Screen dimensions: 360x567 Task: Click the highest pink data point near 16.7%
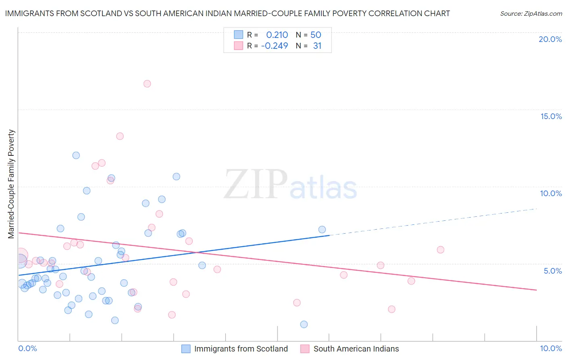click(x=147, y=84)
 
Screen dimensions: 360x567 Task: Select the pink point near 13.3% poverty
click(x=120, y=136)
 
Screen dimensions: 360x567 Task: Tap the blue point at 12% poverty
click(x=76, y=155)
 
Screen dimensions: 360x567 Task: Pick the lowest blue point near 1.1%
click(x=304, y=324)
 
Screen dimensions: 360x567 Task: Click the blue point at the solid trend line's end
click(x=322, y=230)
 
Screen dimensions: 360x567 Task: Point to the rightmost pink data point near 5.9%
click(x=440, y=250)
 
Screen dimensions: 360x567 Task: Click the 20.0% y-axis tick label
click(x=550, y=39)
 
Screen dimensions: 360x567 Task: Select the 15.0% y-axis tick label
click(x=551, y=116)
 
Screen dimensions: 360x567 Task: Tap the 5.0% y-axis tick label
click(x=552, y=271)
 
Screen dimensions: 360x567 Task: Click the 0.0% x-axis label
click(x=27, y=348)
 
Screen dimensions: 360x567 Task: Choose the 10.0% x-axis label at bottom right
click(x=550, y=348)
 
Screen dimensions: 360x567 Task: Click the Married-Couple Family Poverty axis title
click(x=11, y=184)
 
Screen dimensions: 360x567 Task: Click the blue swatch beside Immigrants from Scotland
click(x=186, y=349)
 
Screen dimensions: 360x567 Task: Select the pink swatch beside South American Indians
click(x=305, y=349)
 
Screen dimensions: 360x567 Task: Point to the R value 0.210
click(x=277, y=35)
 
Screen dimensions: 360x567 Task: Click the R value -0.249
click(x=275, y=46)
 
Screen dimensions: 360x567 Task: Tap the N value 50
click(x=316, y=35)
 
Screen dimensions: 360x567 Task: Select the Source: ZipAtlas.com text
click(x=531, y=14)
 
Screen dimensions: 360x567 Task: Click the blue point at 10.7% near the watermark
click(x=176, y=177)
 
